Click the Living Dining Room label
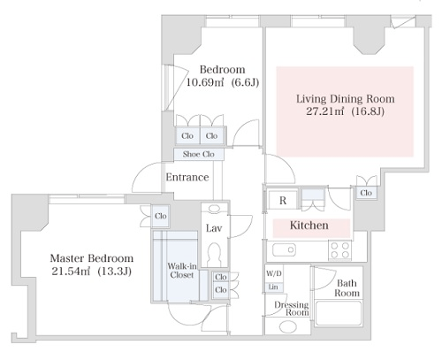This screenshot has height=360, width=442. pyautogui.click(x=346, y=99)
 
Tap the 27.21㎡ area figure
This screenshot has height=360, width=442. pyautogui.click(x=324, y=111)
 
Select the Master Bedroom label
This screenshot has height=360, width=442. pyautogui.click(x=92, y=258)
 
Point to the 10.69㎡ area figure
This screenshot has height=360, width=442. pyautogui.click(x=205, y=82)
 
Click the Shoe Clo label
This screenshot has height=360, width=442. pyautogui.click(x=199, y=154)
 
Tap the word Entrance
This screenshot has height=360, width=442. pyautogui.click(x=187, y=177)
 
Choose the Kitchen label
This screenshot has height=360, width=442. pyautogui.click(x=309, y=226)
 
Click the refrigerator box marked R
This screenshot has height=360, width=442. pyautogui.click(x=283, y=200)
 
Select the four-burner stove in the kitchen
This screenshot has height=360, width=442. pyautogui.click(x=340, y=250)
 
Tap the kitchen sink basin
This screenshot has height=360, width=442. pyautogui.click(x=284, y=250)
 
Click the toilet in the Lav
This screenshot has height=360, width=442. pyautogui.click(x=214, y=255)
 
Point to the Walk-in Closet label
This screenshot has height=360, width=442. pyautogui.click(x=182, y=271)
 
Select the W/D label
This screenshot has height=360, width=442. pyautogui.click(x=274, y=273)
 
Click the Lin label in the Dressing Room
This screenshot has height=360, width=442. pyautogui.click(x=273, y=287)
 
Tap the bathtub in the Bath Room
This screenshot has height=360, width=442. pyautogui.click(x=339, y=313)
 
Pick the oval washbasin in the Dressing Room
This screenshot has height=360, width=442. pyautogui.click(x=288, y=326)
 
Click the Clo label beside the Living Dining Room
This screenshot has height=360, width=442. pyautogui.click(x=366, y=193)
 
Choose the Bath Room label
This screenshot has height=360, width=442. pyautogui.click(x=347, y=288)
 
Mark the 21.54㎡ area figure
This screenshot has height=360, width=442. pyautogui.click(x=71, y=272)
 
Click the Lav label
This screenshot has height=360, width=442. pyautogui.click(x=214, y=228)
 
